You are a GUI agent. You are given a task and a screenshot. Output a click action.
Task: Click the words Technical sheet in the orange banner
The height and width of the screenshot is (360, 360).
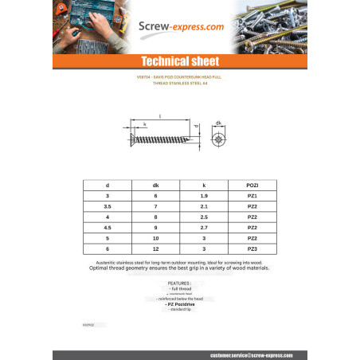tap(179, 61)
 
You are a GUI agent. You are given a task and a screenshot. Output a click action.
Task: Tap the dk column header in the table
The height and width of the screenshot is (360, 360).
tap(156, 184)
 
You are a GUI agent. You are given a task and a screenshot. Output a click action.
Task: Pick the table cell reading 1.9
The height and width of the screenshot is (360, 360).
tap(205, 195)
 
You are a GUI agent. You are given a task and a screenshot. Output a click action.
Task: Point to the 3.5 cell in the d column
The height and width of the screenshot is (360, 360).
tap(108, 205)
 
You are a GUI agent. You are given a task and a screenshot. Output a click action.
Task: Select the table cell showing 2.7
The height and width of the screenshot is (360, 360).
tap(205, 227)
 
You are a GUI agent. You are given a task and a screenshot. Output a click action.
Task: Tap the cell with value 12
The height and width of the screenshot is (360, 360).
tap(156, 249)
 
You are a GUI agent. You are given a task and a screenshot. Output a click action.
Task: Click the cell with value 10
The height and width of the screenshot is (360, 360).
tap(156, 238)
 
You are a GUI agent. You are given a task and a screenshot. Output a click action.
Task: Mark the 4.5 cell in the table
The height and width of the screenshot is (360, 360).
tap(108, 227)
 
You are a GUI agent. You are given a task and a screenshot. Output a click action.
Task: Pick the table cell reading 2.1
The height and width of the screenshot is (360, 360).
tap(205, 205)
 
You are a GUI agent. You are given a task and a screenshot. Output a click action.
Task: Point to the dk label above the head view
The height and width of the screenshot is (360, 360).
tap(219, 122)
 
